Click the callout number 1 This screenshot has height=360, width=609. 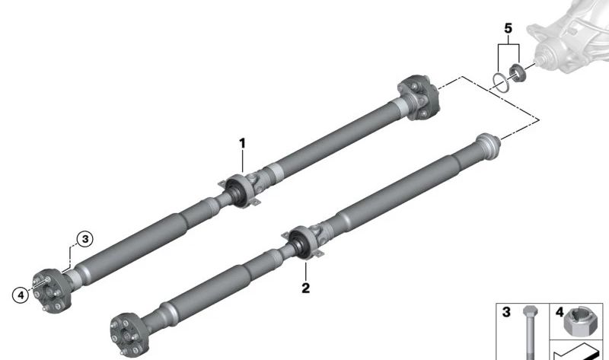click(243, 142)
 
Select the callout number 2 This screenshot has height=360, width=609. click(306, 288)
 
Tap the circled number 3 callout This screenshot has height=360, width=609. click(84, 239)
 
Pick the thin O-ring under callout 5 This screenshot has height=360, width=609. click(499, 80)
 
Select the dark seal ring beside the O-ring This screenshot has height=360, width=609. click(518, 74)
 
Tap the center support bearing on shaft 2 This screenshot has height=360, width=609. click(304, 242)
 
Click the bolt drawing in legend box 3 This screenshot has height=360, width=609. click(525, 331)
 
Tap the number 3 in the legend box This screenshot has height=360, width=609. click(505, 311)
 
